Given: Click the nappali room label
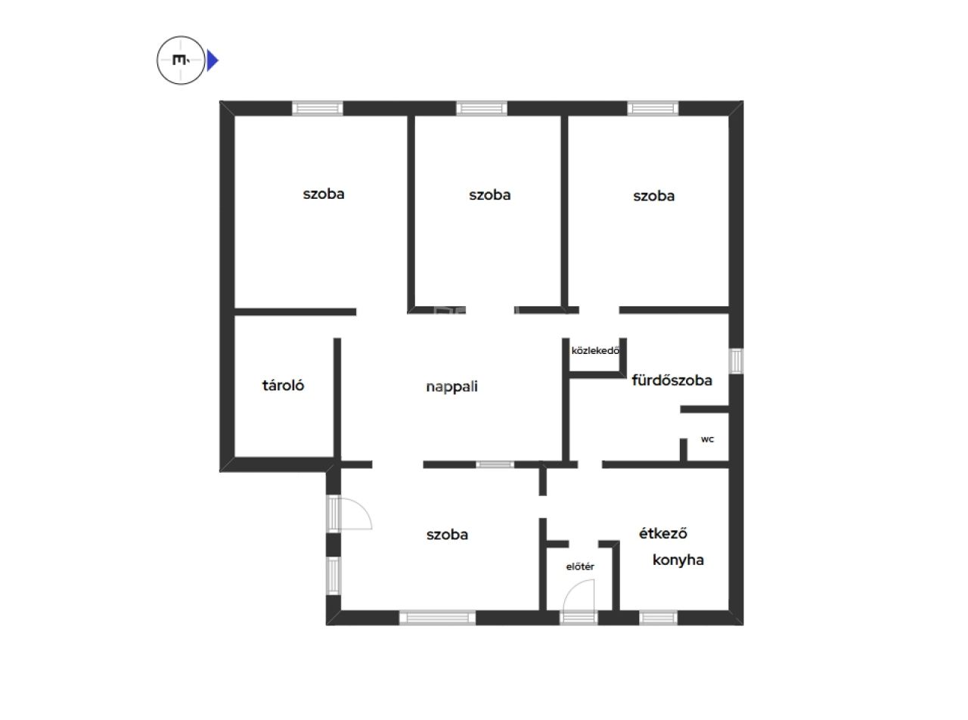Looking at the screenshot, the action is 451,386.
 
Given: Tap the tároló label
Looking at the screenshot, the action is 283,385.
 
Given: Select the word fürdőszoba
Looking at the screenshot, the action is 672,380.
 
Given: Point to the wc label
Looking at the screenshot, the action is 707,439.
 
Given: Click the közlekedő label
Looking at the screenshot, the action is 595,350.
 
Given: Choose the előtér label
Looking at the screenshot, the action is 580,566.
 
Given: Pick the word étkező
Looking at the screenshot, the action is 663,532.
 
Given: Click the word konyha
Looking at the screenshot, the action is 678,560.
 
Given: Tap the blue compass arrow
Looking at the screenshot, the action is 212,61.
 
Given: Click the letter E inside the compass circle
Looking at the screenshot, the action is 179,60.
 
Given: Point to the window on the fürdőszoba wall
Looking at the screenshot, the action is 737,361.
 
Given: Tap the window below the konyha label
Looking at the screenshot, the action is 658,618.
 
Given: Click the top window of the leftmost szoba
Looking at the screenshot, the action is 318,108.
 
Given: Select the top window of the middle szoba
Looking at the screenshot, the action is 482,108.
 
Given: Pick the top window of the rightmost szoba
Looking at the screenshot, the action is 653,108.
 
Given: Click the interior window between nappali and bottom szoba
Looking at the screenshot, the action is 495,464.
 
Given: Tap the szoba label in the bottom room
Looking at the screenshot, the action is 447,535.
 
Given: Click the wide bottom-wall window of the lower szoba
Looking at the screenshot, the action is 437,618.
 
